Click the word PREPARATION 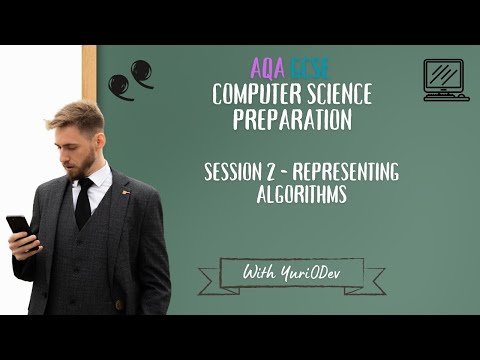(x=292, y=119)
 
